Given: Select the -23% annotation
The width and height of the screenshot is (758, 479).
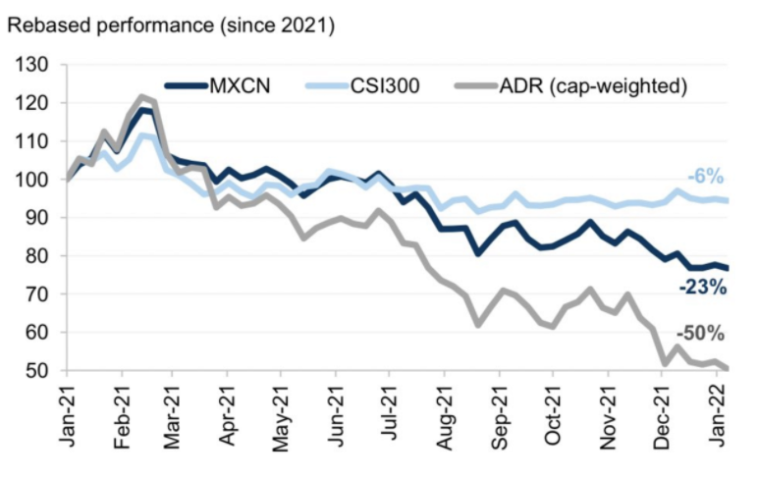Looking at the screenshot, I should click(701, 288).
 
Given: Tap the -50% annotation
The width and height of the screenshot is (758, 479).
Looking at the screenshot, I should click(701, 334).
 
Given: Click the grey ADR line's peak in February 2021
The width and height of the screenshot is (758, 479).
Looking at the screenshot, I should click(142, 96).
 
